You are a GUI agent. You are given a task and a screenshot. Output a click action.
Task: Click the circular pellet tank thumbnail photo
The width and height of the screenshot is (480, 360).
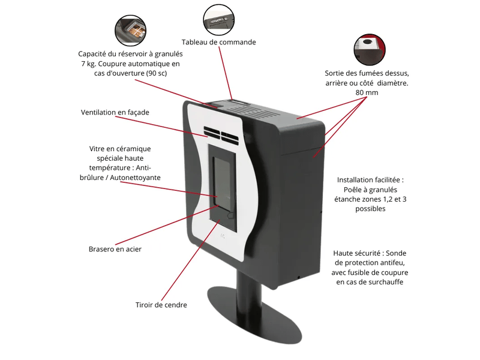tap(130, 31)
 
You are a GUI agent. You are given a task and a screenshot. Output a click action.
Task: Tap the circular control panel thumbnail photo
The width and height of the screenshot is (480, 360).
tap(219, 20)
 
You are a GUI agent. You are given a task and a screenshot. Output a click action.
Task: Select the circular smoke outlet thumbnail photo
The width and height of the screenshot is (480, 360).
tap(370, 50)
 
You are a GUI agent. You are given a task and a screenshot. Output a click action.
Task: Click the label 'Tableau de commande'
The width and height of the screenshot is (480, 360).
tap(218, 42)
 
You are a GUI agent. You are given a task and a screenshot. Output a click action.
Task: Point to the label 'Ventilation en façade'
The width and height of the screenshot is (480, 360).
tap(115, 112)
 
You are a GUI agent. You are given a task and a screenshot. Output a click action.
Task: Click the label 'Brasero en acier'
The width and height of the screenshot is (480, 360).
tap(115, 249)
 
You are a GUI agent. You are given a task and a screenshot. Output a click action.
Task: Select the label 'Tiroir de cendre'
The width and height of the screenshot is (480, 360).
tap(161, 305)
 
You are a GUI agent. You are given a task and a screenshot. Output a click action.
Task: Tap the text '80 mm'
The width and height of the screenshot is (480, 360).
tap(367, 92)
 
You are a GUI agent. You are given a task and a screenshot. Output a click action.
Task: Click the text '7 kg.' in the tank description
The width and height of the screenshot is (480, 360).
tap(88, 64)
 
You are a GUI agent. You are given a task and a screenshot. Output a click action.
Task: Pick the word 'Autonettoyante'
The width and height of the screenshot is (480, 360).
tap(135, 178)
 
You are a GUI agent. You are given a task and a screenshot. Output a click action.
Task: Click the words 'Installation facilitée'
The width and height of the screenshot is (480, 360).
tap(368, 180)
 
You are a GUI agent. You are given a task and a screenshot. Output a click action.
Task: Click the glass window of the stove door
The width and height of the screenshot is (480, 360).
tap(222, 181)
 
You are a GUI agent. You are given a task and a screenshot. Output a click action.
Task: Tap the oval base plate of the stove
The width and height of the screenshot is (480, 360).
tap(254, 314)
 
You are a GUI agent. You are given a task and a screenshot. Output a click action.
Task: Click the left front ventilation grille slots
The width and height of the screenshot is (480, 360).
tap(212, 133)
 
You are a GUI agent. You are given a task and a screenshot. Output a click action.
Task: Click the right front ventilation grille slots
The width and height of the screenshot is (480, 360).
tap(230, 139)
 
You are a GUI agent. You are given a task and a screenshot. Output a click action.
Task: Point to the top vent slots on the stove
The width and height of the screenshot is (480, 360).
tap(254, 112)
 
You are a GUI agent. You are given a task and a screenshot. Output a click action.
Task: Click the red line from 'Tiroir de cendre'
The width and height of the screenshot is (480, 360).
tap(190, 260)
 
